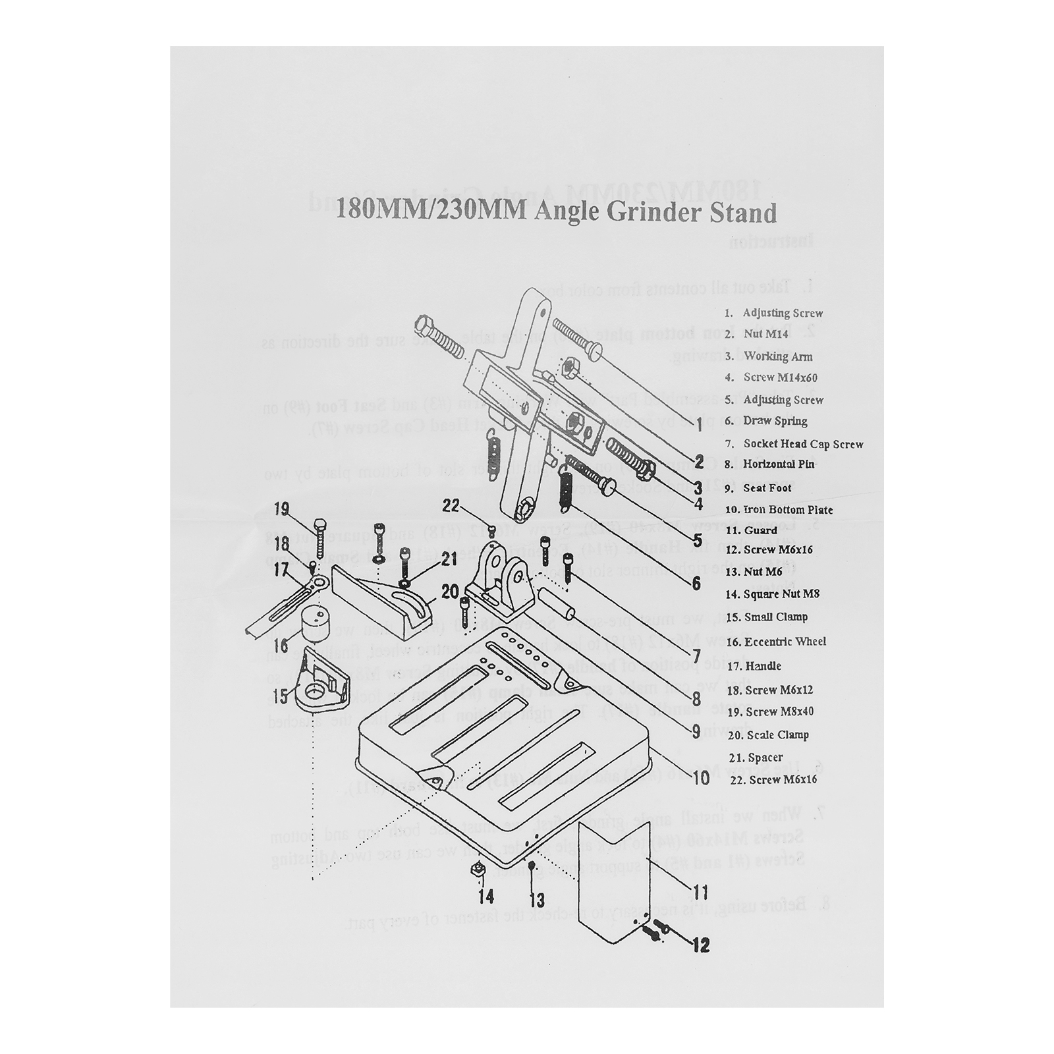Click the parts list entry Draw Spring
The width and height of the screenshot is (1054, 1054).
775,421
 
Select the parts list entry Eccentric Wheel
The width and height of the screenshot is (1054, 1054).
785,642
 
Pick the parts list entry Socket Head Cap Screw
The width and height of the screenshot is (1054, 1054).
802,444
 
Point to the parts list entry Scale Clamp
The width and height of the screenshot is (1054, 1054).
776,735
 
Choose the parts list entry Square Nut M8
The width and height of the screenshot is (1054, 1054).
782,594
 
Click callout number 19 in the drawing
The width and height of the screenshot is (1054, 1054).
282,509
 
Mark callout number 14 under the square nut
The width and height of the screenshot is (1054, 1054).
486,897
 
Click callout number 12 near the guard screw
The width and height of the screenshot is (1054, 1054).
701,945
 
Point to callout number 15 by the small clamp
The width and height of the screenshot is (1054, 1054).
281,696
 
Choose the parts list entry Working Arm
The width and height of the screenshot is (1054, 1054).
777,356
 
